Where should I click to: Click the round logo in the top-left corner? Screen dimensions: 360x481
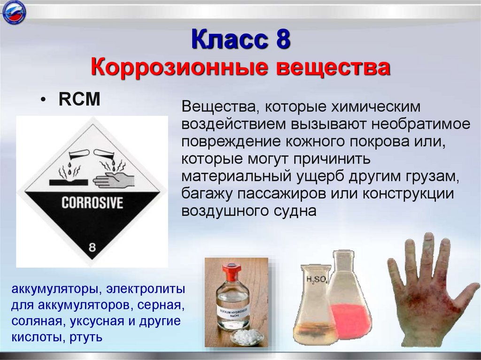pyautogui.click(x=14, y=13)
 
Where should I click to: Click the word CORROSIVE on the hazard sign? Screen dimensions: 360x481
pyautogui.click(x=92, y=203)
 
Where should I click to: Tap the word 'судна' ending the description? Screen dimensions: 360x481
pyautogui.click(x=295, y=211)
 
